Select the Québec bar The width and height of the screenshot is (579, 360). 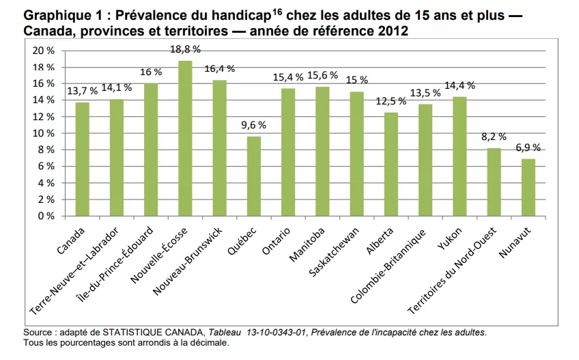253,176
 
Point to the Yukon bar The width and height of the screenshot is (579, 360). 460,156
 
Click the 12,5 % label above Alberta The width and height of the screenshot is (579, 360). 391,101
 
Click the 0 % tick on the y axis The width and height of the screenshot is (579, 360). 46,216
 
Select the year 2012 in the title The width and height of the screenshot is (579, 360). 394,30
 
